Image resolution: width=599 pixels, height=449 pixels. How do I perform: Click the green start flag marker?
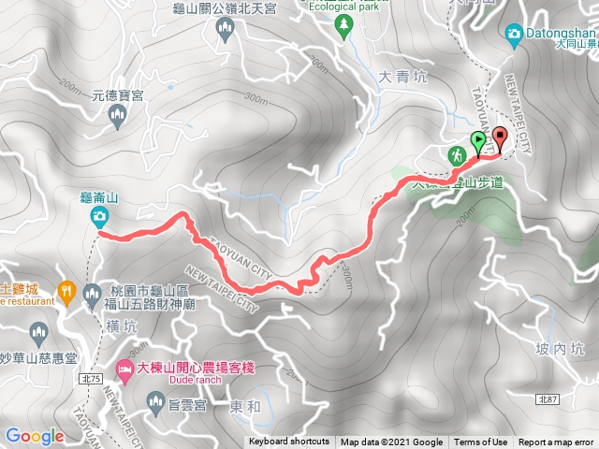click(479, 143)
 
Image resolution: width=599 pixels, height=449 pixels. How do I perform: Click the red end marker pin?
click(499, 138)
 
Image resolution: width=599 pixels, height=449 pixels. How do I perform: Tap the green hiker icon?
click(458, 154)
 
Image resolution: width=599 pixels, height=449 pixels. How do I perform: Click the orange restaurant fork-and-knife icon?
click(65, 291)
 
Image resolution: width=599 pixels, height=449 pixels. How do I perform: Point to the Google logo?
click(35, 436)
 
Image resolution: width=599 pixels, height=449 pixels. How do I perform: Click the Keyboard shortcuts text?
click(289, 442)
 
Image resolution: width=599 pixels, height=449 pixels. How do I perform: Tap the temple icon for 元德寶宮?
click(117, 116)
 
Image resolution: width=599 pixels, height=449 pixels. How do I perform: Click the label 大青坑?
click(404, 78)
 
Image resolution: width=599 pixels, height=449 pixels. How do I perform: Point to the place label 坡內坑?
click(562, 349)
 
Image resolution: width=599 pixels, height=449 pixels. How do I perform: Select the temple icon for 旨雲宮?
click(156, 402)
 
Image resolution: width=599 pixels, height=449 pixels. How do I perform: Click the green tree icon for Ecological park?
click(343, 22)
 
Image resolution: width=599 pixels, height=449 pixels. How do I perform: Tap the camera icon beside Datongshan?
click(513, 35)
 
